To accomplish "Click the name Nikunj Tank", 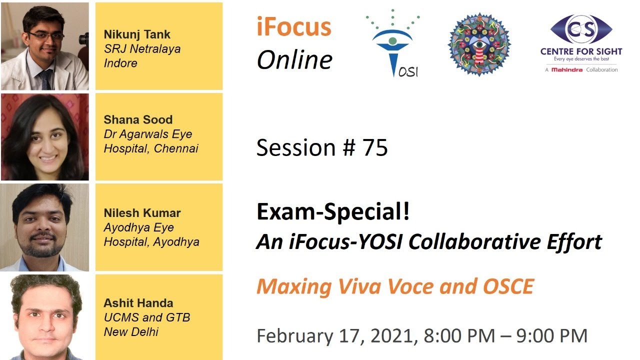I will tap(137, 34).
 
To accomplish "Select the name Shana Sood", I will tap(138, 119).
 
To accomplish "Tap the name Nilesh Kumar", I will tap(142, 212).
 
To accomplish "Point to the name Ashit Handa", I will tap(138, 303).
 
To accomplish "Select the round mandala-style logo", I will tap(478, 44).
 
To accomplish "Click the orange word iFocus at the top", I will tap(294, 27).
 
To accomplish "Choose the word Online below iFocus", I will tap(294, 59).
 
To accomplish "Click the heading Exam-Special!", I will tap(333, 212).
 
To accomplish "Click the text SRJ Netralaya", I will tap(142, 49).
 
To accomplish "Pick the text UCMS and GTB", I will tap(147, 317).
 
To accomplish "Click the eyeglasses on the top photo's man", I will tap(46, 35).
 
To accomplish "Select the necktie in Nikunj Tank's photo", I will tap(45, 78).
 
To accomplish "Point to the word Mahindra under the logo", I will tap(566, 70).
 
